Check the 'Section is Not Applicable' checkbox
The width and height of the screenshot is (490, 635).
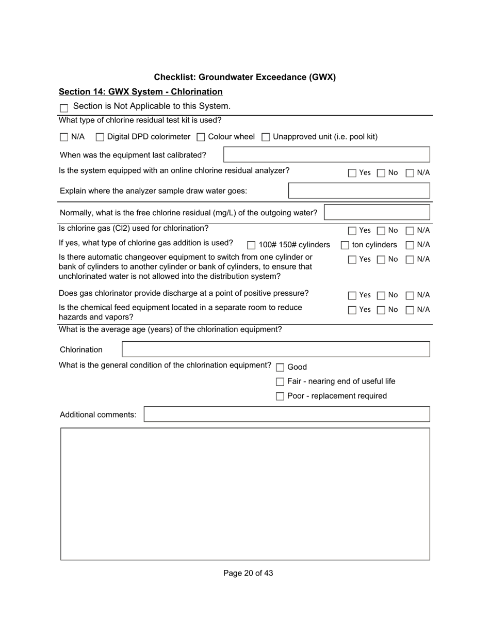point(64,108)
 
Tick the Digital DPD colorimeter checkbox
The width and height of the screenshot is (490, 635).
point(100,137)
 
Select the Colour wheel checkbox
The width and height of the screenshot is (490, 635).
point(201,137)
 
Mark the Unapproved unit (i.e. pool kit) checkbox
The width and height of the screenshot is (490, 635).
point(266,137)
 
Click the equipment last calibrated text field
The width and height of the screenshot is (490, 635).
point(326,155)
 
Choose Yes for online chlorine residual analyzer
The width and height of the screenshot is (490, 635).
point(352,173)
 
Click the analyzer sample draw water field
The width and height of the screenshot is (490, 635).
point(359,191)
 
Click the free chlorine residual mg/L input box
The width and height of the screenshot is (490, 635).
point(377,213)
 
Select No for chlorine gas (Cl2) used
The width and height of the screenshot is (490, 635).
point(381,231)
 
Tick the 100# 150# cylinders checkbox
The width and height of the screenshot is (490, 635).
point(251,245)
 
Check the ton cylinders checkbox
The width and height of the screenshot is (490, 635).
point(345,245)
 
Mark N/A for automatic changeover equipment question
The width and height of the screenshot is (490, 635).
point(410,260)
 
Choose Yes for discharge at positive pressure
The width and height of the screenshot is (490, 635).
point(352,296)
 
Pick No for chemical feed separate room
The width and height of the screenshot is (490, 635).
point(381,310)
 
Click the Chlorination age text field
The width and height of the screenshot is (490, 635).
point(276,350)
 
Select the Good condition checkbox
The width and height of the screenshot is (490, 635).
point(280,368)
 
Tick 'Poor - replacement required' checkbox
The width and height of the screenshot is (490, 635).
point(280,396)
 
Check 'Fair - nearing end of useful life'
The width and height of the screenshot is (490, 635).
point(280,382)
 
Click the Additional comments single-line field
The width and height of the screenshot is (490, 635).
point(287,415)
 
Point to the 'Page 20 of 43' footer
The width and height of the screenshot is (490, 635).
point(248,573)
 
